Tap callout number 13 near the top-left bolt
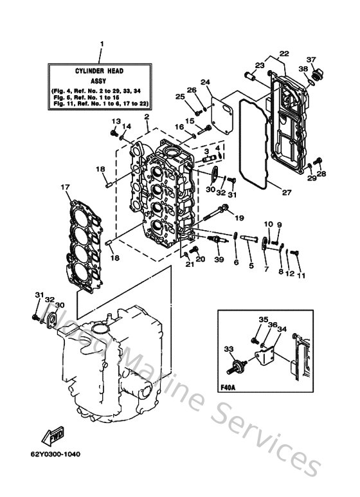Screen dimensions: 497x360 click(x=116, y=122)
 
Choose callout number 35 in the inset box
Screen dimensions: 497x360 click(x=263, y=320)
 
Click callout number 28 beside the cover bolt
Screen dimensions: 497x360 click(x=321, y=174)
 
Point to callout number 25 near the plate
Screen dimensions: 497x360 click(x=180, y=96)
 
